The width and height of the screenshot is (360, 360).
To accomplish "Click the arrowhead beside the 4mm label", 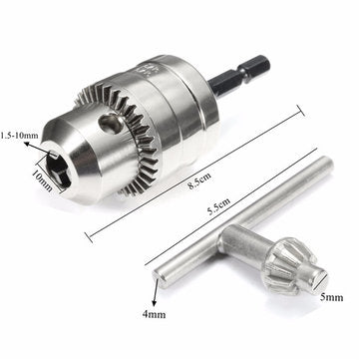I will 157,295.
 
